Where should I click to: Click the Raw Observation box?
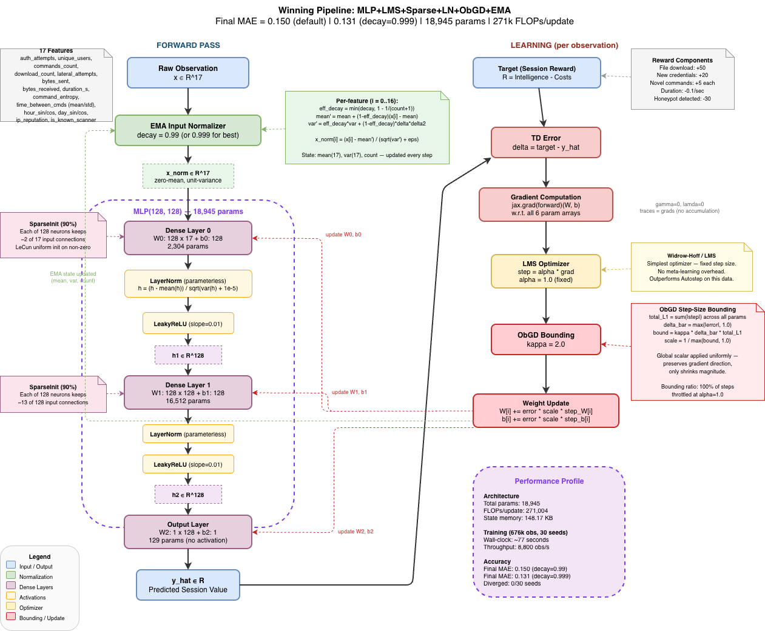pos(188,73)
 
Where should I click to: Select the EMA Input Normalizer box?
pos(188,130)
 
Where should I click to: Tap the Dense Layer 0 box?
pos(188,238)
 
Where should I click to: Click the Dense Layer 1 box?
pos(188,392)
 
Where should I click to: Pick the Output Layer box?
pos(188,532)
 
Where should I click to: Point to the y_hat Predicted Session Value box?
pos(188,585)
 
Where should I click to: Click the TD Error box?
pos(546,142)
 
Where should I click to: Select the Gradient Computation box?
pos(546,204)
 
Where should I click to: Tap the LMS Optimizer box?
pos(546,271)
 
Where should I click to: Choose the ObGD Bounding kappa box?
pos(546,339)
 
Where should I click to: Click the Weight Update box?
pos(546,410)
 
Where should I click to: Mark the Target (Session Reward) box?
pos(537,73)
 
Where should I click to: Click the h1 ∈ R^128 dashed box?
pos(188,355)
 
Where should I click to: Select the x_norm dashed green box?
pos(188,176)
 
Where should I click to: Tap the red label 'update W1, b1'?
pos(349,392)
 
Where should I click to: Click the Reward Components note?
pos(682,79)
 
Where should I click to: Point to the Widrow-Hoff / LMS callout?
pos(692,267)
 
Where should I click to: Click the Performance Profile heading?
pos(549,481)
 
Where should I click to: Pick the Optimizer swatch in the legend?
pos(11,606)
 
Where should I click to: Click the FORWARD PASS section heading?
pos(188,45)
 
